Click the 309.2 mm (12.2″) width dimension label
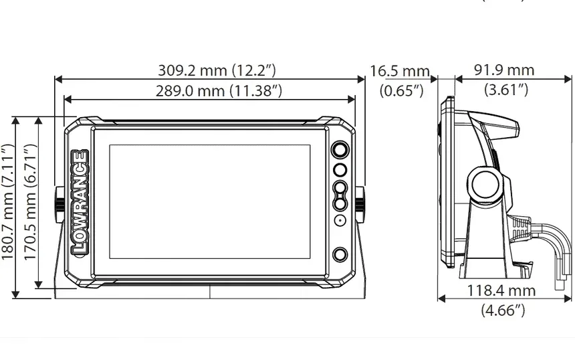[x=217, y=70]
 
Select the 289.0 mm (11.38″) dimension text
[x=219, y=90]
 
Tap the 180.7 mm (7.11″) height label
[x=8, y=202]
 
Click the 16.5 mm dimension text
[x=399, y=71]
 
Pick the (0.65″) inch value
[x=402, y=90]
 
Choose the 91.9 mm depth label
[x=504, y=70]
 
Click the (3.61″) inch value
[x=506, y=89]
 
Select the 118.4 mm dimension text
[x=501, y=290]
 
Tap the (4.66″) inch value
[x=503, y=310]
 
